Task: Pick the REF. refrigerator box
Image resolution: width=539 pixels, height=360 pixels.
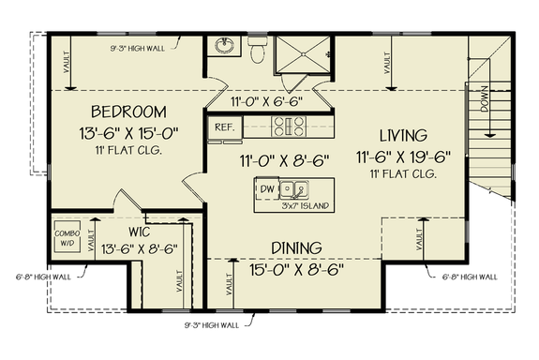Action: (x=224, y=125)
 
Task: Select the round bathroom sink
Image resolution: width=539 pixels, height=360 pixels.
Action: (x=225, y=47)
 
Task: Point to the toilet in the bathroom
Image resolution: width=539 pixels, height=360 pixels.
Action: (x=260, y=52)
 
